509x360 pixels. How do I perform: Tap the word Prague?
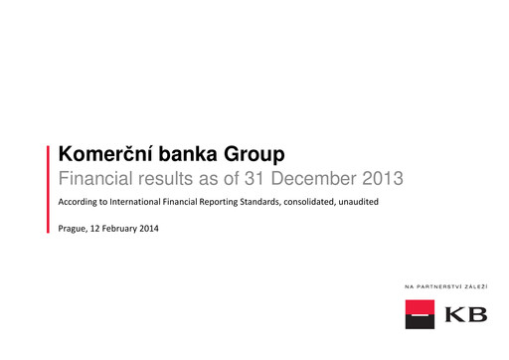click(75, 230)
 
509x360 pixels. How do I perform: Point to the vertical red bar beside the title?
click(49, 189)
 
